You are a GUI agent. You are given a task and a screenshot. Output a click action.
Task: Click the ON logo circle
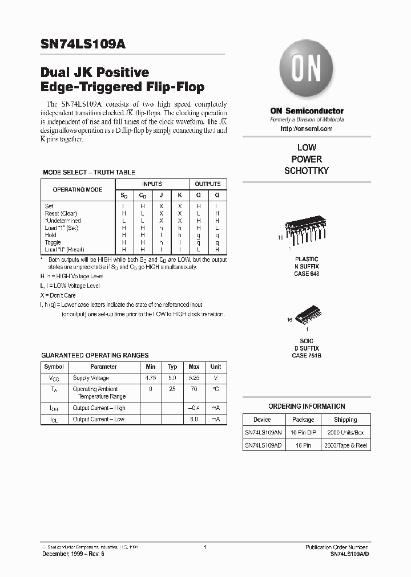[x=306, y=71]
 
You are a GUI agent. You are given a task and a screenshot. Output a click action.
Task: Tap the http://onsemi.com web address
[x=307, y=129]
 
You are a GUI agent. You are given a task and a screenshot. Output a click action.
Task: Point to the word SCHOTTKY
[x=307, y=171]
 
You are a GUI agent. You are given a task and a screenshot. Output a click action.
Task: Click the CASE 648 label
[x=307, y=274]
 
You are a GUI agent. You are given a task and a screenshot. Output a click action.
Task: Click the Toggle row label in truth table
[x=53, y=242]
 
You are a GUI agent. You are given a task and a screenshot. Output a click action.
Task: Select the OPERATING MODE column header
[x=78, y=189]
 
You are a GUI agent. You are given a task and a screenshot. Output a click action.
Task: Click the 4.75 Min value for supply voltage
[x=151, y=378]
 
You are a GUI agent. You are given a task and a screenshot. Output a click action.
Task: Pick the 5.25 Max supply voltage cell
[x=194, y=378]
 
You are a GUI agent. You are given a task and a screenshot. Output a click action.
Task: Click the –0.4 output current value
[x=194, y=408]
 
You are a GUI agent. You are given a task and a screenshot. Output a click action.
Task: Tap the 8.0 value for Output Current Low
[x=194, y=419]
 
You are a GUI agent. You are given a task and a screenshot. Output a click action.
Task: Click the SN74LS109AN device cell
[x=263, y=432]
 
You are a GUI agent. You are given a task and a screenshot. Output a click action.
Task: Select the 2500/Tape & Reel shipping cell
[x=345, y=445]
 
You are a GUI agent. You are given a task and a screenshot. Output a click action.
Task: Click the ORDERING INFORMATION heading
[x=307, y=407]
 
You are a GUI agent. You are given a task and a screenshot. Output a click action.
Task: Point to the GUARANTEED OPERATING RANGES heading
[x=95, y=355]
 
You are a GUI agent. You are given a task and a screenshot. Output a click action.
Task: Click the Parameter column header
[x=103, y=367]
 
